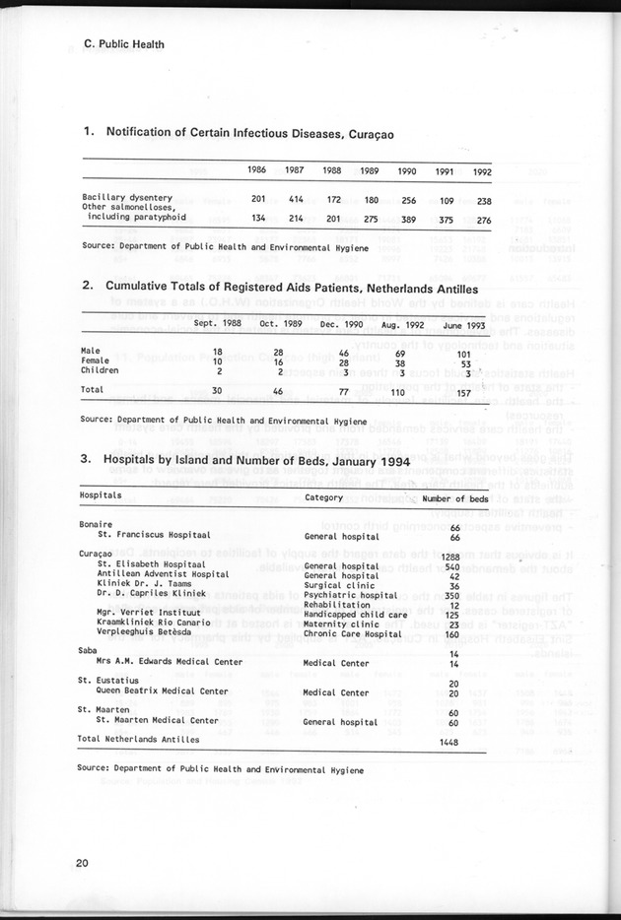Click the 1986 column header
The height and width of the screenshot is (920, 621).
[258, 170]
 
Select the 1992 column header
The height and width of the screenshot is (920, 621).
[481, 171]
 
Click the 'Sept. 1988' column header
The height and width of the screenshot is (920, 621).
[219, 323]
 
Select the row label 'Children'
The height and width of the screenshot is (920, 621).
[101, 371]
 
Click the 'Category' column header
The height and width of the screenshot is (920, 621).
[323, 497]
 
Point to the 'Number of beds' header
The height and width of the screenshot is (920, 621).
[454, 497]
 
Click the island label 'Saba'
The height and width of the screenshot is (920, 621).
[89, 651]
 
